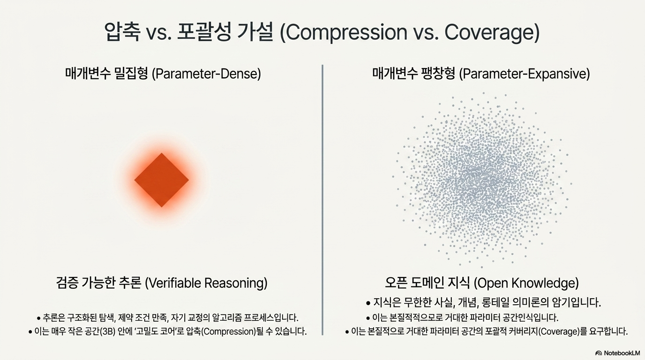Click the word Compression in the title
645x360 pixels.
(x=347, y=32)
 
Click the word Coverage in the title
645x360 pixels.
(x=489, y=32)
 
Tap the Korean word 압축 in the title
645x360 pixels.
(x=122, y=32)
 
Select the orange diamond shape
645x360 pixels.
(x=162, y=180)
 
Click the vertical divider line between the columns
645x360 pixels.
(x=322, y=200)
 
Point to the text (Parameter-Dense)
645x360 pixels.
(x=206, y=74)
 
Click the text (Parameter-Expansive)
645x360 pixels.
(x=525, y=74)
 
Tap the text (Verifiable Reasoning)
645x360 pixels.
(x=206, y=283)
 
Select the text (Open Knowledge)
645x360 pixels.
(x=526, y=283)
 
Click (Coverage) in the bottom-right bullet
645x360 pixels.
(x=558, y=331)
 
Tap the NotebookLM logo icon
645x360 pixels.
(x=599, y=353)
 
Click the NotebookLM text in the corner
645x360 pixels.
(x=622, y=353)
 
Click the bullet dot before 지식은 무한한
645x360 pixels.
(x=368, y=303)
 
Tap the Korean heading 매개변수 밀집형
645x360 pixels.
(x=106, y=74)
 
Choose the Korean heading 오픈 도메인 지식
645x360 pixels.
(x=427, y=283)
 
